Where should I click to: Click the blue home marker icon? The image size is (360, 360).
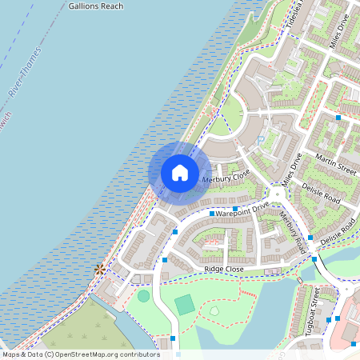pyautogui.click(x=180, y=173)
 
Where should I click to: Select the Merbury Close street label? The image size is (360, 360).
pyautogui.click(x=226, y=177)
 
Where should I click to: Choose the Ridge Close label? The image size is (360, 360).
pyautogui.click(x=224, y=270)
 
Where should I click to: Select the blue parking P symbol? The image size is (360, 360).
pyautogui.click(x=261, y=142)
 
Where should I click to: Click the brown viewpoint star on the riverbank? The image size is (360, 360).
pyautogui.click(x=99, y=270)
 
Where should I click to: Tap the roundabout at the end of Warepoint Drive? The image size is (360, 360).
pyautogui.click(x=278, y=193)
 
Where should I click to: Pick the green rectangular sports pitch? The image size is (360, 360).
pyautogui.click(x=185, y=304)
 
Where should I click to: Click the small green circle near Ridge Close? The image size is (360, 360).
pyautogui.click(x=143, y=296)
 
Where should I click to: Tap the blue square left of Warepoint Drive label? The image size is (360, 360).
pyautogui.click(x=212, y=214)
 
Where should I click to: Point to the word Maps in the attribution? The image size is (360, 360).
pyautogui.click(x=11, y=354)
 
